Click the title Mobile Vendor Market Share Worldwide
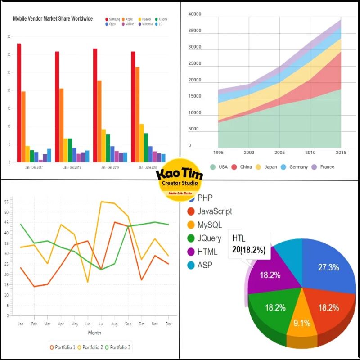53,19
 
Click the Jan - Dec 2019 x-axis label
108,167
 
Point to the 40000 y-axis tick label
195,14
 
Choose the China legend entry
242,167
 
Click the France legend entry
323,167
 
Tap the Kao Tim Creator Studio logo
180,179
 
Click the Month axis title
94,333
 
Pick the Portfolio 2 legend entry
91,347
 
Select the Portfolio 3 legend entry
119,347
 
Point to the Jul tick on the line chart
102,324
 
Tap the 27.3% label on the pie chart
328,267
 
